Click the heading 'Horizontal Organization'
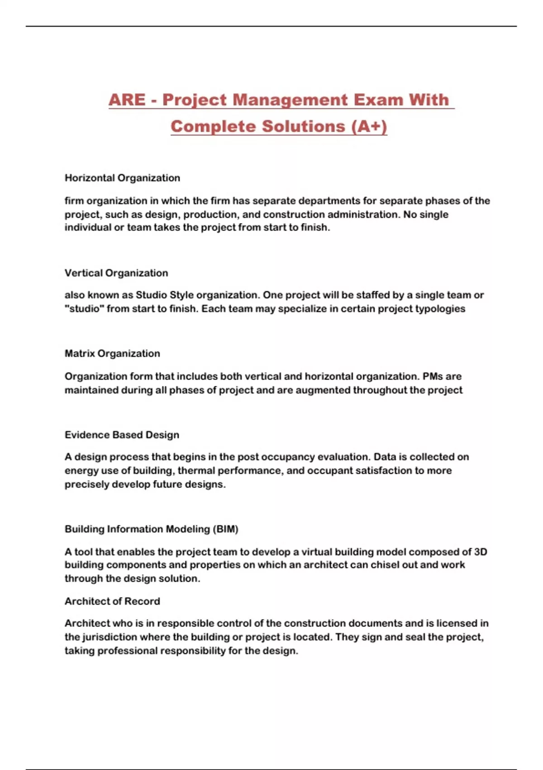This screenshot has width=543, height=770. (122, 178)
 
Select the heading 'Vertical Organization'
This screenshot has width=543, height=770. (116, 273)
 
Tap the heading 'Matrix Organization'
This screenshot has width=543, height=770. (112, 354)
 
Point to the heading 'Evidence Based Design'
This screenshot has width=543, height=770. (122, 435)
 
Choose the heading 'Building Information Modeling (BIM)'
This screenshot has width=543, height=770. (151, 529)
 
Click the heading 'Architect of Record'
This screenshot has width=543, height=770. (112, 601)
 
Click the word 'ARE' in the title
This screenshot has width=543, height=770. (127, 100)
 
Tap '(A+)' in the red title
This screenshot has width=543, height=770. (369, 126)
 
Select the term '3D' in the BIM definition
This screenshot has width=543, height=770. (480, 552)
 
